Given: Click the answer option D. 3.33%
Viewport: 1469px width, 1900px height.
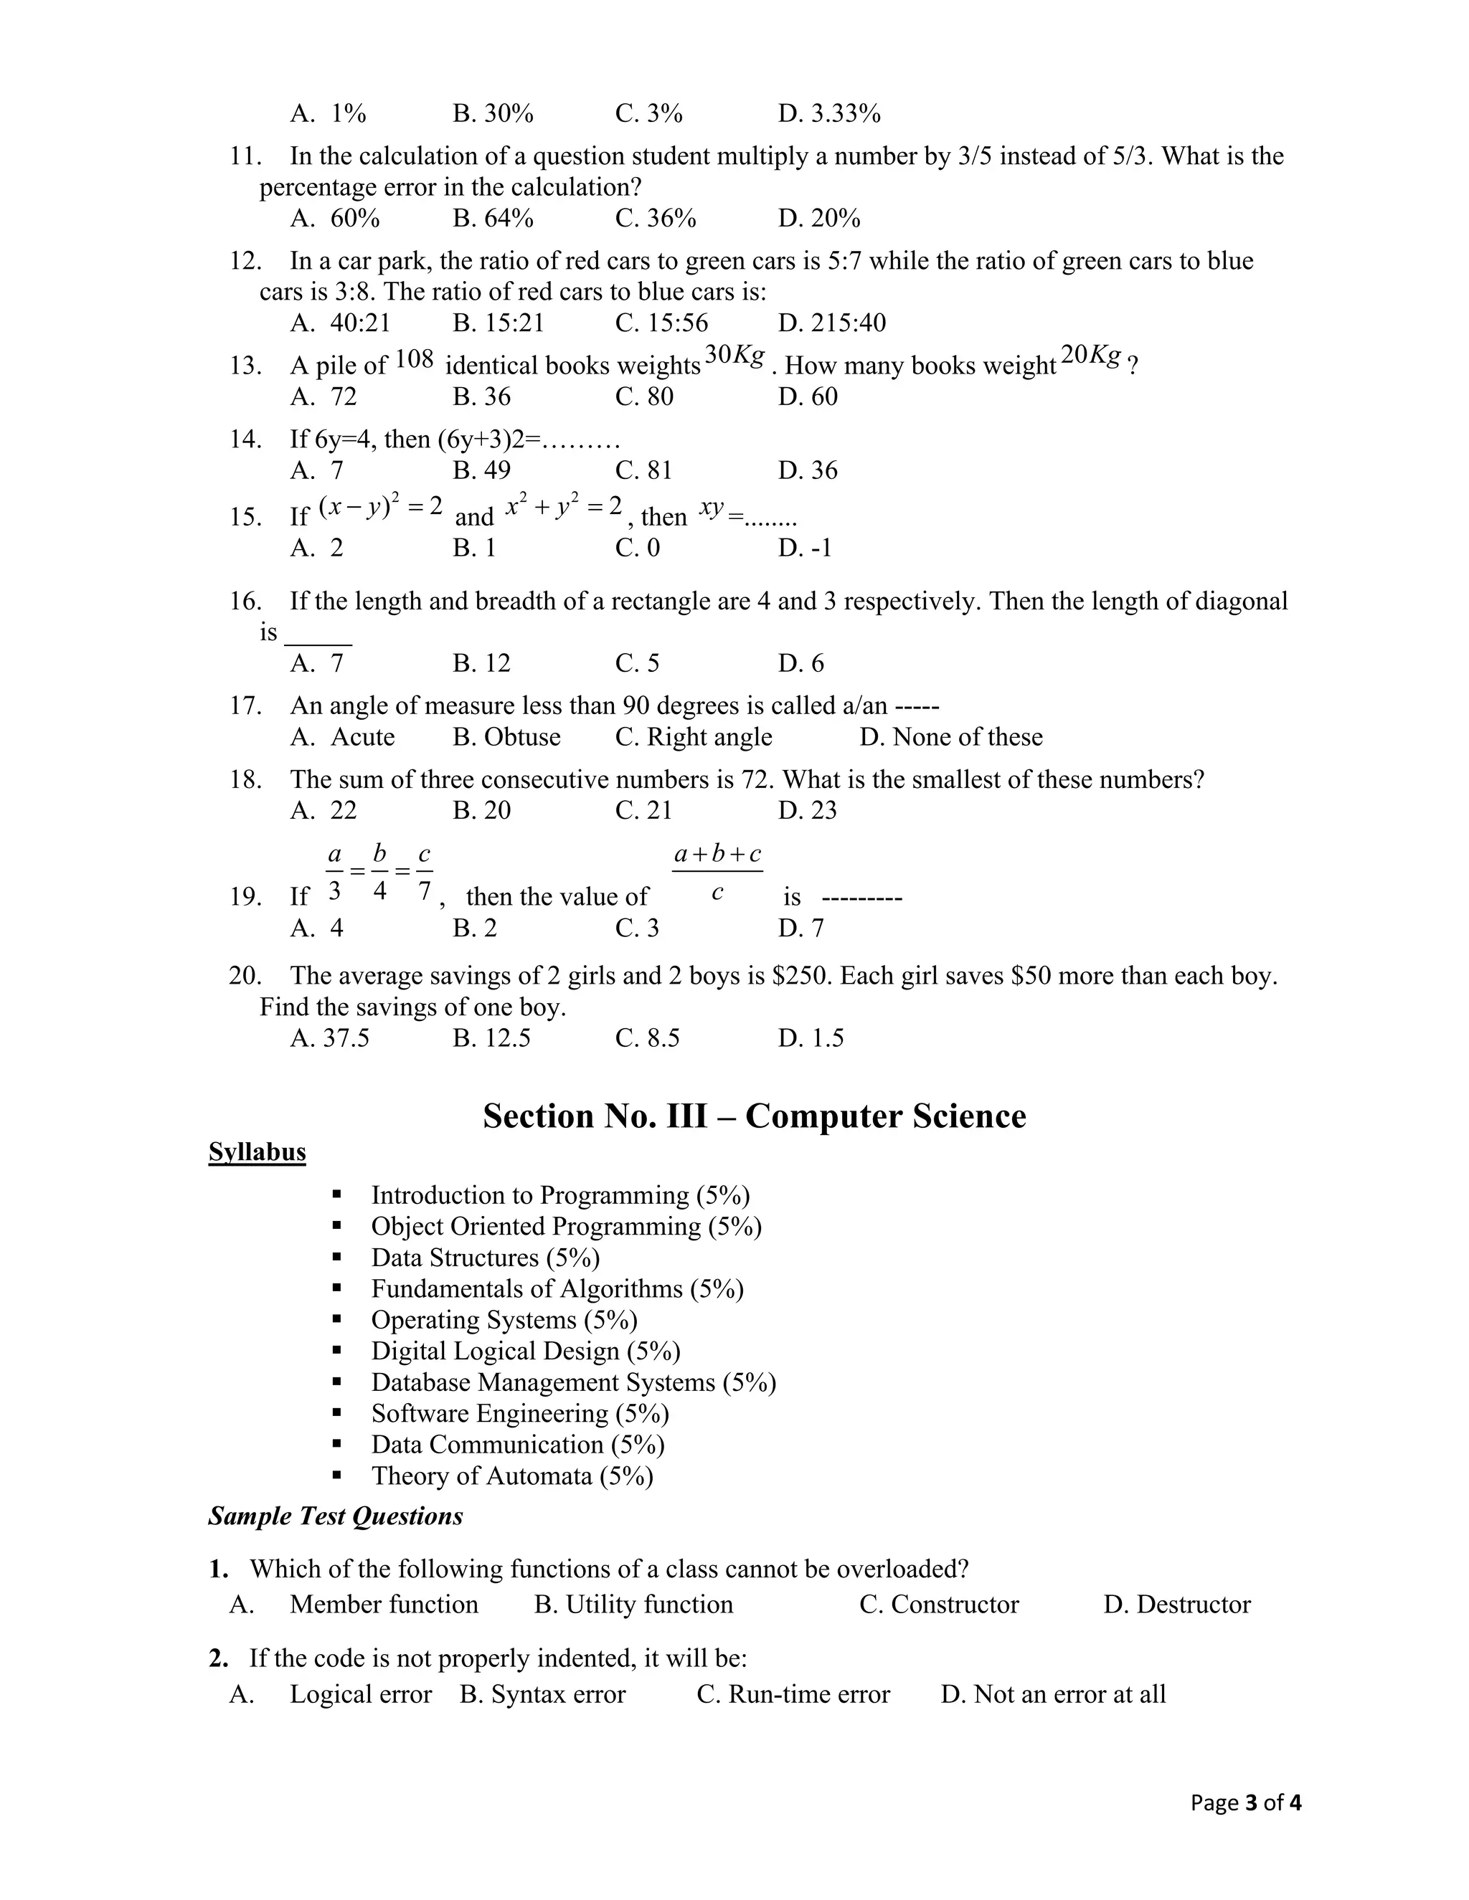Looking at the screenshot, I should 828,114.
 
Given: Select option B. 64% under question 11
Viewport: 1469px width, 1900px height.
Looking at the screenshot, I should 493,219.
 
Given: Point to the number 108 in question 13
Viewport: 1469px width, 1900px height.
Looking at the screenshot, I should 415,358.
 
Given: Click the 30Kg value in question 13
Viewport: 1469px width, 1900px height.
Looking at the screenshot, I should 734,355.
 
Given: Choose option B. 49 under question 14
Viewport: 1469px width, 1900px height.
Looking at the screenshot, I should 481,470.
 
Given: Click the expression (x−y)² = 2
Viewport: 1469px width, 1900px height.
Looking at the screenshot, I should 381,506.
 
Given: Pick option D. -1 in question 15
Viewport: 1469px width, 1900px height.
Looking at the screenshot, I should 804,548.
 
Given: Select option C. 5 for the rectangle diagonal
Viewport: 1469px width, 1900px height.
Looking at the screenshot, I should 637,664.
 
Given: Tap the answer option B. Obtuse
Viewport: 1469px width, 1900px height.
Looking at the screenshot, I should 506,737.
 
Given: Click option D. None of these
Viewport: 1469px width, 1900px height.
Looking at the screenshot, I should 950,737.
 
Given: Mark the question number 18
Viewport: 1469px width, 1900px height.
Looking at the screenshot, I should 245,779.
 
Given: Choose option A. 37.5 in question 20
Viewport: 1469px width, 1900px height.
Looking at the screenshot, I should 330,1038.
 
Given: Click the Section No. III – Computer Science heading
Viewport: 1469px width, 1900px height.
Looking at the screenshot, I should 754,1116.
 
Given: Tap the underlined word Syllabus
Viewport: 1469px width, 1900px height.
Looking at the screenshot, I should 257,1152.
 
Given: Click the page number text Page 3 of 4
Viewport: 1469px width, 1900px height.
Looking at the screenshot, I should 1245,1802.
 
